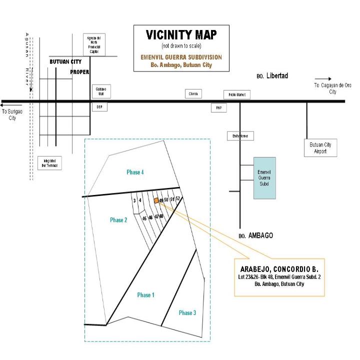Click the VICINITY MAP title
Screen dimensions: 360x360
[181, 35]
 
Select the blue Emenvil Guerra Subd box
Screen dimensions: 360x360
[264, 177]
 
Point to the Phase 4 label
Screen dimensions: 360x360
[135, 172]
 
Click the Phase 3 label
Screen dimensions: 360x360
[187, 312]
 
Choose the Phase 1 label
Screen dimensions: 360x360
[145, 295]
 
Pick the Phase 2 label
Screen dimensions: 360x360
[119, 220]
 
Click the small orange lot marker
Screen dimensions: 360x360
[156, 200]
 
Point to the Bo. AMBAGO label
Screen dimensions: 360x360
[255, 235]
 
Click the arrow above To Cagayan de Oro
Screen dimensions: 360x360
[323, 78]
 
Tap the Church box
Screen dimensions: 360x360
[193, 94]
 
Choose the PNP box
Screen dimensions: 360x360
[218, 107]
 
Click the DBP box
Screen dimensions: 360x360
[99, 107]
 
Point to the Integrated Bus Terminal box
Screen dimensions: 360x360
[50, 163]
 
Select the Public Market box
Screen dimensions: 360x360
[236, 95]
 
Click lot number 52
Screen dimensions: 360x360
[178, 198]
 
